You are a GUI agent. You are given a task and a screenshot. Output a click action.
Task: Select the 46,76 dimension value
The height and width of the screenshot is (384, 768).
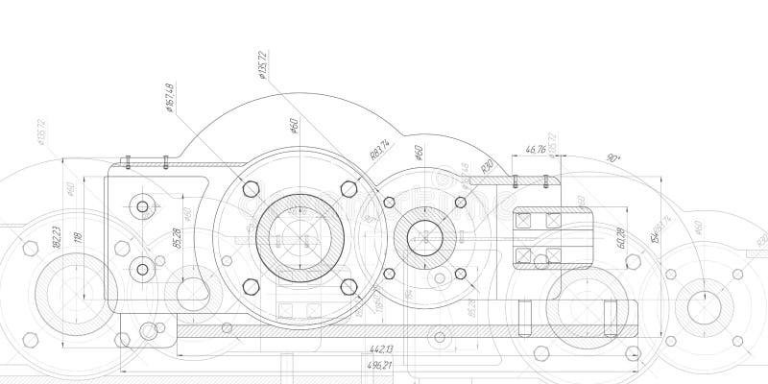click(535, 149)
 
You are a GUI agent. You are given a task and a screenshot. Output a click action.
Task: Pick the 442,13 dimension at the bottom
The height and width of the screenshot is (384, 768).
click(381, 348)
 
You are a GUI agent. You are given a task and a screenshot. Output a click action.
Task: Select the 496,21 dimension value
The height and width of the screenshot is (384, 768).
click(381, 366)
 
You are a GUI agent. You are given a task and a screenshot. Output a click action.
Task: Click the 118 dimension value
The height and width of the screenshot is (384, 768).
click(80, 235)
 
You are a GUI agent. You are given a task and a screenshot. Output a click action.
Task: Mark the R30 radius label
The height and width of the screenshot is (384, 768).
click(487, 167)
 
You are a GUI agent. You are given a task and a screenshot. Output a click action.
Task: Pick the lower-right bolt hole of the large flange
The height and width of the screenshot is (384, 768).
click(348, 284)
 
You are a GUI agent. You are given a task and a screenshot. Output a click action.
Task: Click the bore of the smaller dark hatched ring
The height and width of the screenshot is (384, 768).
click(423, 236)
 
